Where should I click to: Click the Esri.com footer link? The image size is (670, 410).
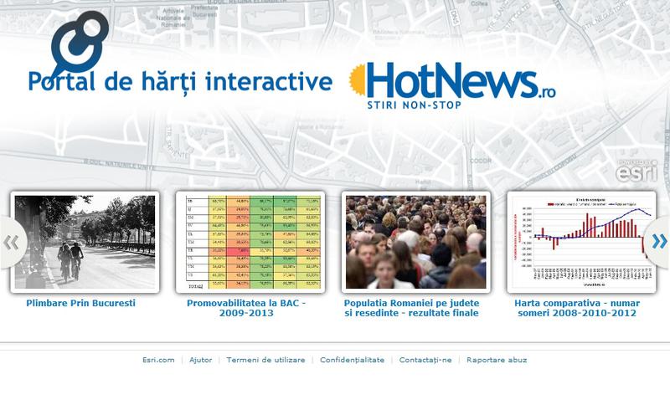pos(158,360)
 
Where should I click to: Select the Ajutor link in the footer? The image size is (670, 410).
pos(200,360)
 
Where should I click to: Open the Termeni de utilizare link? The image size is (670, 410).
pos(265,360)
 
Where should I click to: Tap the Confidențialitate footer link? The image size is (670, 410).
pos(352,360)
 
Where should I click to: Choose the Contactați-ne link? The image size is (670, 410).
pos(425,360)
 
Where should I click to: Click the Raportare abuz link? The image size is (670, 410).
pos(497,360)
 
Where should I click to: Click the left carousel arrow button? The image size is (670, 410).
pos(12,243)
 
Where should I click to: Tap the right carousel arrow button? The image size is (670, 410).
pos(658,243)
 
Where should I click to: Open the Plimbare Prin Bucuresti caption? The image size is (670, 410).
pos(80,303)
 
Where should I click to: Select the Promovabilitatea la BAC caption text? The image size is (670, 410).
pos(246,308)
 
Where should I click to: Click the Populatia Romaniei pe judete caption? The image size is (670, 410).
pos(411,308)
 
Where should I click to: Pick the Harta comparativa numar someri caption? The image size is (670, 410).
pos(575,308)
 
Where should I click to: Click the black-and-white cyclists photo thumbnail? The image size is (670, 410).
pos(85,242)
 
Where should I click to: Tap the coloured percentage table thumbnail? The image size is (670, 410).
pos(250,242)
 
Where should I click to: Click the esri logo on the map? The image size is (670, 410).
pos(636,172)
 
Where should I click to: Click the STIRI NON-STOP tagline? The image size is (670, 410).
pos(414,105)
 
